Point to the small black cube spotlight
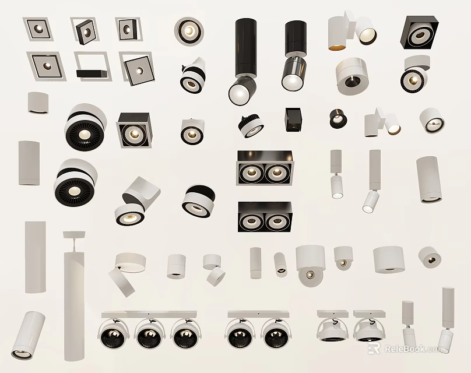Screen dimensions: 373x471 click(x=293, y=119)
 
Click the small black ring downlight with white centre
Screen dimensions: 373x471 click(x=338, y=118)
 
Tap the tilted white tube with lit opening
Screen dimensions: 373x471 click(x=29, y=329)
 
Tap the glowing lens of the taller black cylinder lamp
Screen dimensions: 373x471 click(x=239, y=92)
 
